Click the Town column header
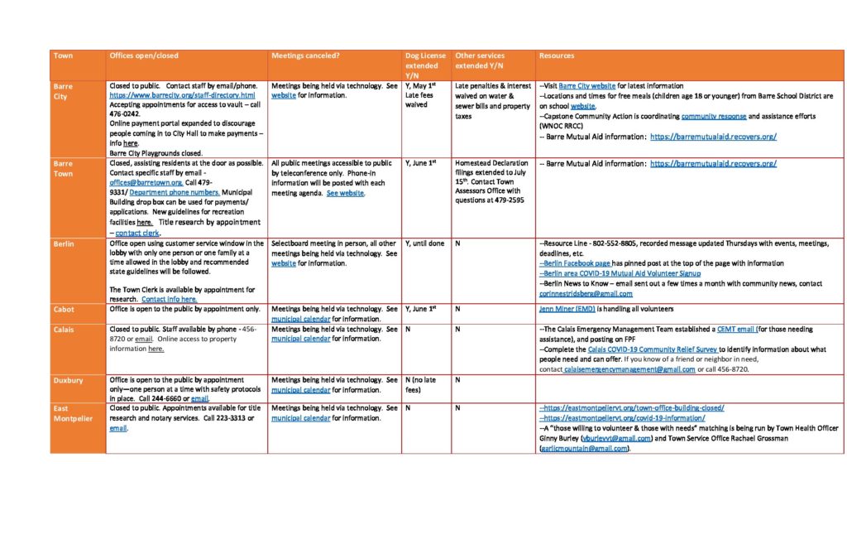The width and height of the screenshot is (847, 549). coord(63,56)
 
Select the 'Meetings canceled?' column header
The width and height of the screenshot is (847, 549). coord(306,56)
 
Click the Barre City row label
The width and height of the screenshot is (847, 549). coord(63,91)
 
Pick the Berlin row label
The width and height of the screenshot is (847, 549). coord(64,243)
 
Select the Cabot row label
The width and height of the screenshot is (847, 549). coord(64,310)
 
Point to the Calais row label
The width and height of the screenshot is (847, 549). coord(64,329)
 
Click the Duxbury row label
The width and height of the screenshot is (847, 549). coord(67,379)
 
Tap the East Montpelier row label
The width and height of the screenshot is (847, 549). coord(72,413)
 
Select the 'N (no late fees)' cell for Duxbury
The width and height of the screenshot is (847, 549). coord(422,384)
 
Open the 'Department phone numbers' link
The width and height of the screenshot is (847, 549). coord(164,193)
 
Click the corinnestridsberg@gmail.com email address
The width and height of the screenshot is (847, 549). coord(586,293)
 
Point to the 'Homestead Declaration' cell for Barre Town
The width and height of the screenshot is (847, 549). coord(490,183)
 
